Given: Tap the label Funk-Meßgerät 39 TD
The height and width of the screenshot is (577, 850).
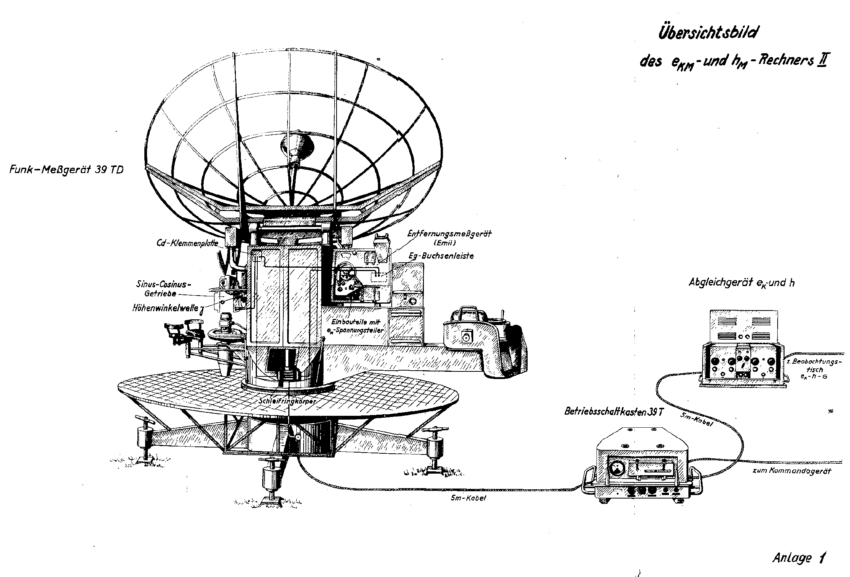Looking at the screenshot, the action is tap(66, 170).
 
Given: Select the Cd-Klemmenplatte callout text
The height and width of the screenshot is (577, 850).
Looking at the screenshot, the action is tap(188, 243).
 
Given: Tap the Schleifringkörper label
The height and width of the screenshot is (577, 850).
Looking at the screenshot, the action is tap(287, 402).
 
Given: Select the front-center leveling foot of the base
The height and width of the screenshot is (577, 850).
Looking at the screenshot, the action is tap(273, 484).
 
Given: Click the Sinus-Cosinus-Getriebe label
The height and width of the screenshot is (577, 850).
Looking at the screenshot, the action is tap(163, 289).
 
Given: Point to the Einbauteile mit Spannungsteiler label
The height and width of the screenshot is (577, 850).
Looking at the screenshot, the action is tap(358, 325).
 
